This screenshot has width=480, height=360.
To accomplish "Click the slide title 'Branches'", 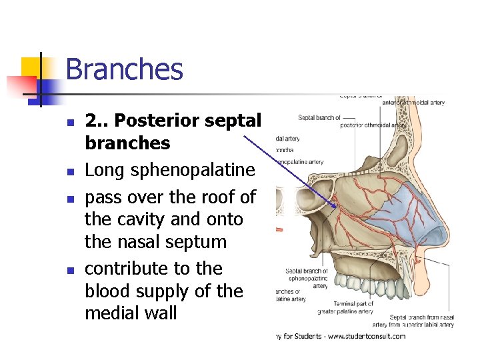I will tap(124, 69).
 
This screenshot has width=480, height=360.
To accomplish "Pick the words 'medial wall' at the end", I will tap(131, 313).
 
